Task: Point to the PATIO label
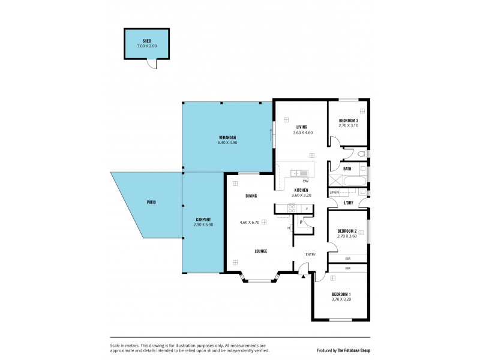point(151,202)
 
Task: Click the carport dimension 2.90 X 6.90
point(203,224)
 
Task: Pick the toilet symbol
point(361,155)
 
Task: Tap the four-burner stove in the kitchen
point(292,208)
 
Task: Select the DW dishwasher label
point(305,181)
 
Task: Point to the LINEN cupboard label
point(335,192)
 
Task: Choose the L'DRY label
point(348,202)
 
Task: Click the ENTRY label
point(310,254)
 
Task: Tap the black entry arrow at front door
point(304,276)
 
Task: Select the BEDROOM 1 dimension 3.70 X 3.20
point(341,299)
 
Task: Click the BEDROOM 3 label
point(348,121)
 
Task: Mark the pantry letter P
point(301,222)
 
